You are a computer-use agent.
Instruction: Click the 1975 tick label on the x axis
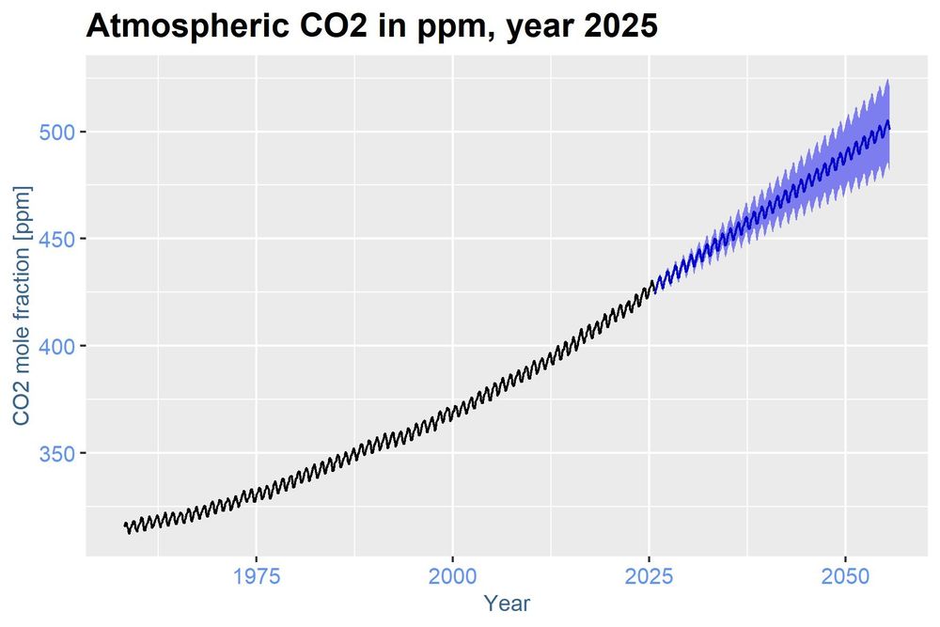[256, 575]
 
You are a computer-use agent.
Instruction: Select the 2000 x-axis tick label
[452, 575]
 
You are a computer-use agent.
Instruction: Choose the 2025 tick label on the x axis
[649, 575]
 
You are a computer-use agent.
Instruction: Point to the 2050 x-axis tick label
[845, 575]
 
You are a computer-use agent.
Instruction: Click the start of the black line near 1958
[125, 525]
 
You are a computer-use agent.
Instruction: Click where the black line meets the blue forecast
[655, 284]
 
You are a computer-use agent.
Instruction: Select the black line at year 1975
[256, 493]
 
